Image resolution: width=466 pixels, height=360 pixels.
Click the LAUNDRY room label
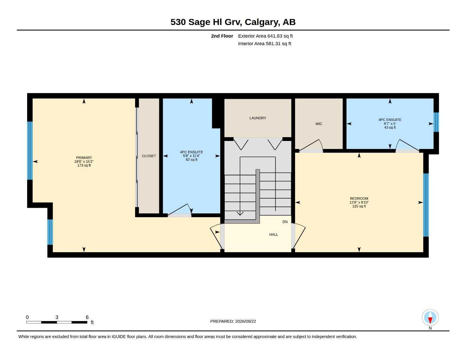(257, 118)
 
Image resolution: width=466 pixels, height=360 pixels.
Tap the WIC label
(319, 124)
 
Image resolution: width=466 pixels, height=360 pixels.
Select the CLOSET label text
(149, 156)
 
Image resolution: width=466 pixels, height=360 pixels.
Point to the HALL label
(273, 234)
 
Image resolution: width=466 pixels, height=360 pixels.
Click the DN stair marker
(285, 222)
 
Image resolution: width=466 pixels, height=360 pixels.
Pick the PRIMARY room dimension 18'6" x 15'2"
(84, 162)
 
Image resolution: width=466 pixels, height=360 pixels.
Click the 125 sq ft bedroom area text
(359, 206)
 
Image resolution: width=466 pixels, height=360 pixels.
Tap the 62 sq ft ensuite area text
(192, 160)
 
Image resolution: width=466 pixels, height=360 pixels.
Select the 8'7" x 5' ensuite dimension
(390, 124)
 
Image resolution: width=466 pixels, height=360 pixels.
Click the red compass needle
(430, 320)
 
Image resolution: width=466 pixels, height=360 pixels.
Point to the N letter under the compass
(430, 328)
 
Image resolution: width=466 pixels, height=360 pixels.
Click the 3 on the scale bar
(57, 317)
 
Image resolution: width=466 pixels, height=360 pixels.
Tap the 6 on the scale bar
(87, 317)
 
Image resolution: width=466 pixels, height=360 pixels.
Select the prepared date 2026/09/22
(245, 321)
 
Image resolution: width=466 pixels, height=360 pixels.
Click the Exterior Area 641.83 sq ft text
(265, 36)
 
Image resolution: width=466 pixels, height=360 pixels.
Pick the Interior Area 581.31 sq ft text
(264, 44)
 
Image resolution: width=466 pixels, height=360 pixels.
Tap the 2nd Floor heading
(222, 36)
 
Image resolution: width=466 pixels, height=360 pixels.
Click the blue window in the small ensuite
(436, 122)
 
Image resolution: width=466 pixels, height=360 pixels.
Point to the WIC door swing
(312, 145)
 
